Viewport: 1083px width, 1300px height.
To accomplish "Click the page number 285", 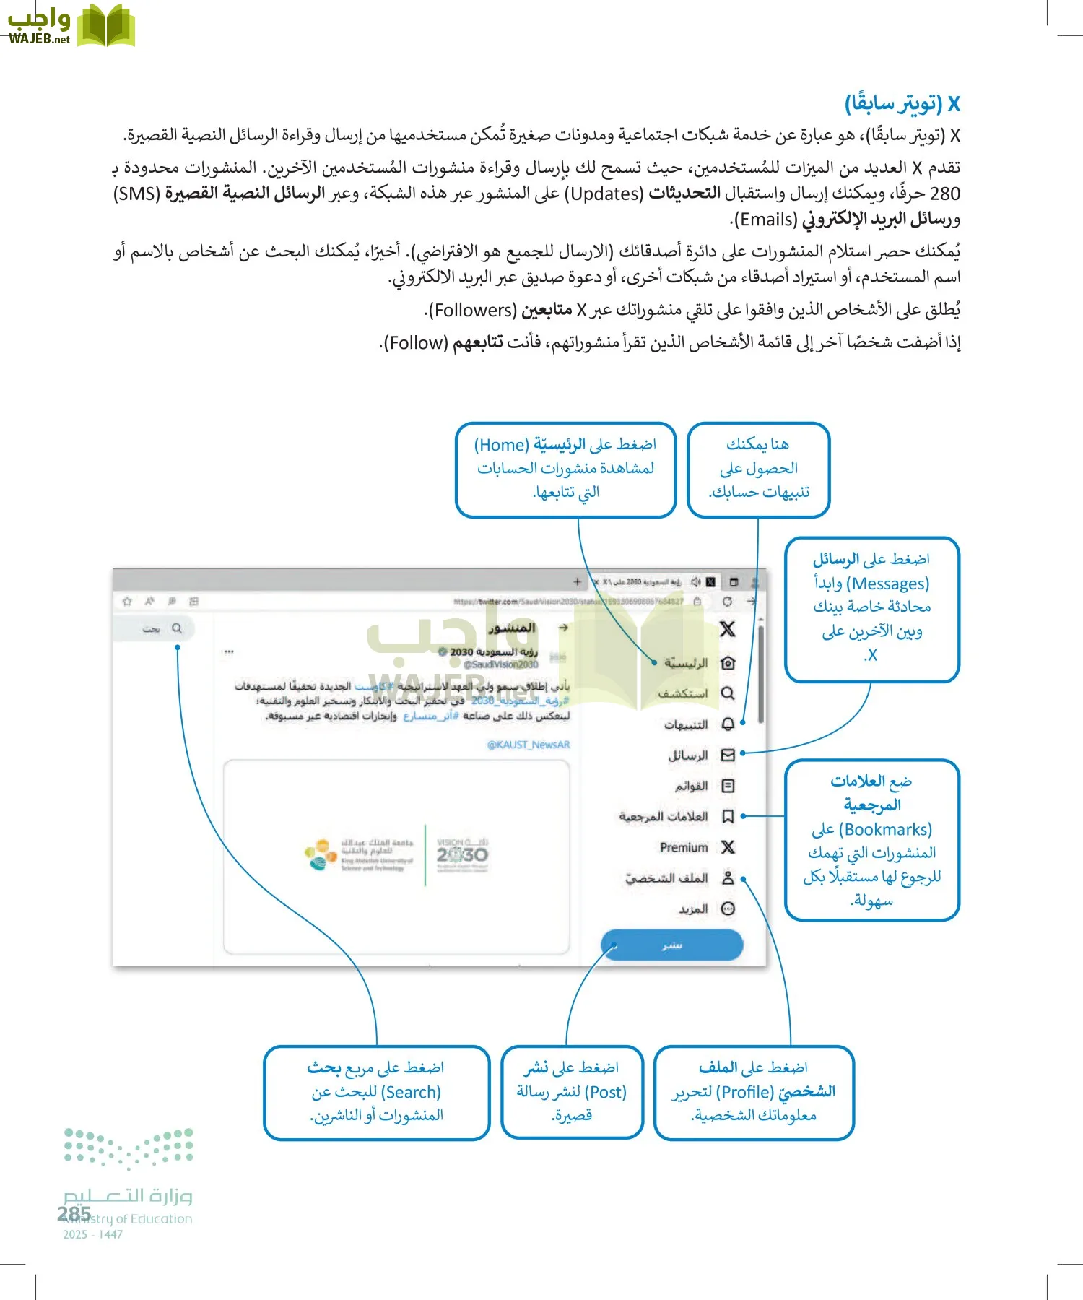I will (x=74, y=1213).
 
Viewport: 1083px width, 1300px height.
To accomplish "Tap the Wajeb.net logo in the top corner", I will (x=70, y=26).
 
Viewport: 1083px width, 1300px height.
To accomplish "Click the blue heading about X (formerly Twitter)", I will (x=902, y=104).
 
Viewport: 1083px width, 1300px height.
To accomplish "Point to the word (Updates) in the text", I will (x=604, y=194).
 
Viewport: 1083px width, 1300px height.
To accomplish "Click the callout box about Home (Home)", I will (x=565, y=469).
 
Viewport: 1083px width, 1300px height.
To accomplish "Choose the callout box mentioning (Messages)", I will (x=871, y=609).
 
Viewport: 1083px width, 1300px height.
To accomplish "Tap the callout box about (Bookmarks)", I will (x=871, y=839).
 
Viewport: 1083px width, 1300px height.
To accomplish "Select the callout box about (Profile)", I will (x=753, y=1092).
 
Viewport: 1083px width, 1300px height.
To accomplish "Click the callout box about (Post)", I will (x=572, y=1092).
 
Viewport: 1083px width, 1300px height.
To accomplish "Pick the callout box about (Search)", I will (x=376, y=1092).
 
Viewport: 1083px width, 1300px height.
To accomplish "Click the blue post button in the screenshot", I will (x=671, y=945).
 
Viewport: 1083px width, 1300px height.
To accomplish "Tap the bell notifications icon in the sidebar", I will (x=728, y=724).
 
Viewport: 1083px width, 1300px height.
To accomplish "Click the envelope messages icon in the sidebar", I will (x=728, y=755).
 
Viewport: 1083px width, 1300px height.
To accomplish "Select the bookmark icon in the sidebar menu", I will (x=728, y=817).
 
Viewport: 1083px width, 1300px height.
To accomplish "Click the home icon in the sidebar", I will (x=728, y=663).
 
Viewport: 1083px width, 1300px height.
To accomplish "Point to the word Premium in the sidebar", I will (x=683, y=847).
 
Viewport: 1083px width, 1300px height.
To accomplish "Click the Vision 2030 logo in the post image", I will (x=462, y=854).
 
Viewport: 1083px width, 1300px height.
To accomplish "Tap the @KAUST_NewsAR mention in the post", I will (x=529, y=745).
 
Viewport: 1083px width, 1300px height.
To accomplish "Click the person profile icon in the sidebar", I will (x=728, y=878).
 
